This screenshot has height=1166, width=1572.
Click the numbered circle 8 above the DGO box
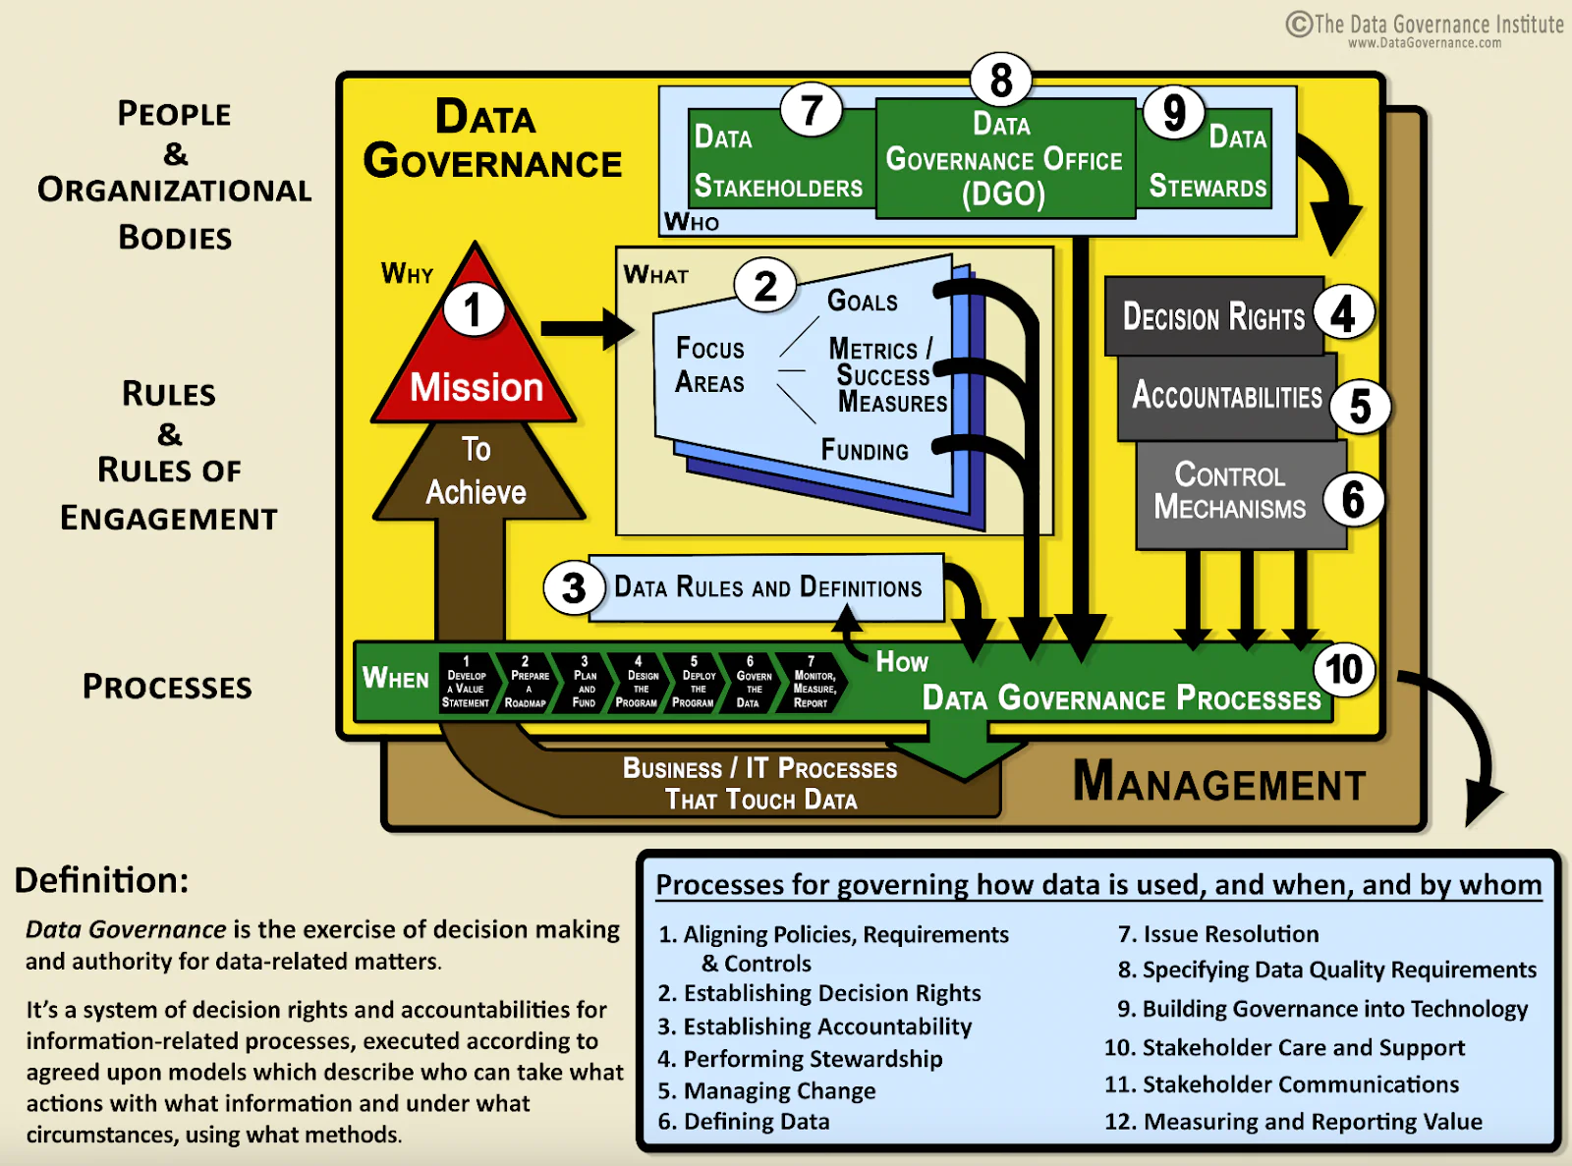pos(1000,81)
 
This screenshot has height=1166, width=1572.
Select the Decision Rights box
pos(1213,316)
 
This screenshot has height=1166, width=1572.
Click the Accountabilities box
pos(1226,396)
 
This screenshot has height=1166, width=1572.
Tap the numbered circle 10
pos(1343,669)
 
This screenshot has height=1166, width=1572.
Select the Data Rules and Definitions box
pos(767,587)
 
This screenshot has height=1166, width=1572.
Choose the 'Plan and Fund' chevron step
pos(584,683)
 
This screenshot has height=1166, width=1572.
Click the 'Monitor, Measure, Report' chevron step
pos(813,683)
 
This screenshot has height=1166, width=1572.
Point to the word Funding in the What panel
pos(865,451)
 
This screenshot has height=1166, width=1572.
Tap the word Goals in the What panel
pos(862,301)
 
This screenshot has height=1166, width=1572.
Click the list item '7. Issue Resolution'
pos(1218,934)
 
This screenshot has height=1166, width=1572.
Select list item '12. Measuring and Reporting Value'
pos(1293,1122)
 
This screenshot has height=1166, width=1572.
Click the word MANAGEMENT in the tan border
pos(1218,784)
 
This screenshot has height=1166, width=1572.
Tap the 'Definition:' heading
pos(101,880)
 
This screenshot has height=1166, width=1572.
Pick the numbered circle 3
pos(573,588)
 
